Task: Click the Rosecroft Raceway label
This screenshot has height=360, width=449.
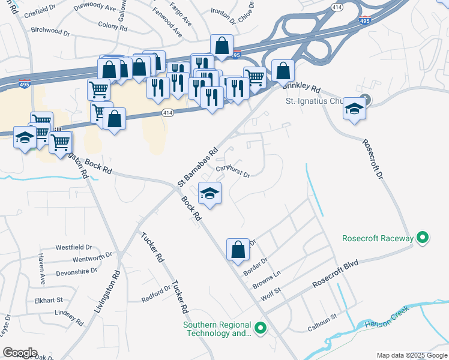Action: pyautogui.click(x=378, y=238)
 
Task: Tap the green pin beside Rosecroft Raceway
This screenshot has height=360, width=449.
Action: pyautogui.click(x=423, y=238)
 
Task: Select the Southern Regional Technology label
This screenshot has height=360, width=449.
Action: pyautogui.click(x=217, y=329)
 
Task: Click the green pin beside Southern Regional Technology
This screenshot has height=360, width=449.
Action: pyautogui.click(x=260, y=328)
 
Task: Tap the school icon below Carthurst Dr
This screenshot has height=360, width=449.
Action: pyautogui.click(x=210, y=193)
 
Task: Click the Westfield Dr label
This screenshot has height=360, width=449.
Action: pyautogui.click(x=74, y=247)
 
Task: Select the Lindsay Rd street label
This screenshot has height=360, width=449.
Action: pyautogui.click(x=68, y=317)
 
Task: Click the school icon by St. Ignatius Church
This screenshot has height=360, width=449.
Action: pyautogui.click(x=355, y=109)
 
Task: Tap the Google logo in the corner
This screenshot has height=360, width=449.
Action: pyautogui.click(x=20, y=353)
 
